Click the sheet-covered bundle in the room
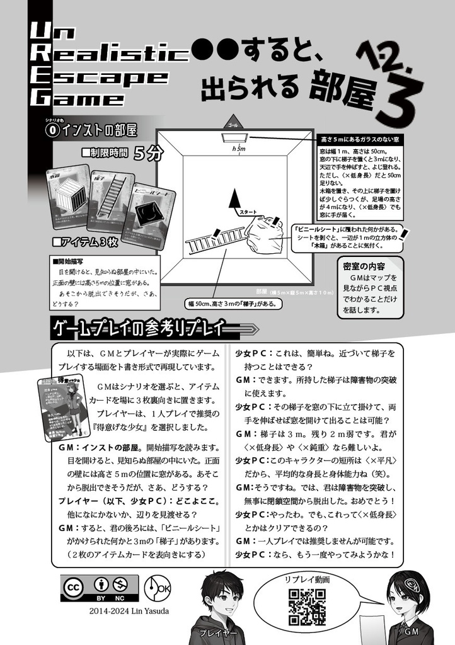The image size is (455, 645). click(268, 238)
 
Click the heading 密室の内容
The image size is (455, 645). click(365, 265)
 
